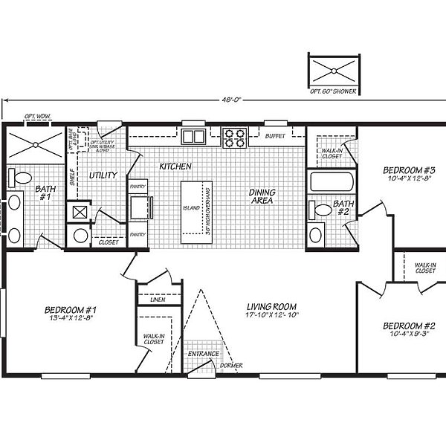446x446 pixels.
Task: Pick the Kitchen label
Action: coord(175,167)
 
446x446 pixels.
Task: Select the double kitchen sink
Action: coord(193,136)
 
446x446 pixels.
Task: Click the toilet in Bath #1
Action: coord(22,178)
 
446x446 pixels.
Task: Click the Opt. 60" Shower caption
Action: coord(333,91)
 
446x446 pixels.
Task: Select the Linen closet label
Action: coord(157,300)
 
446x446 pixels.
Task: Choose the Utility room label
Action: coord(102,175)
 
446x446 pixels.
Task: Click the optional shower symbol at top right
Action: coord(333,70)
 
